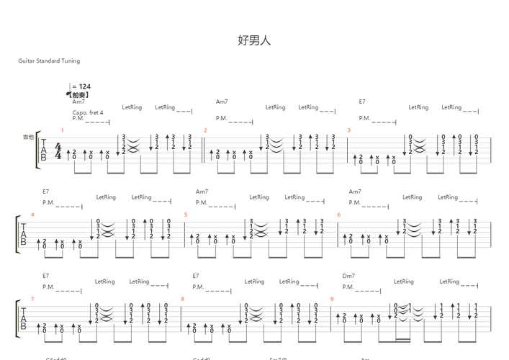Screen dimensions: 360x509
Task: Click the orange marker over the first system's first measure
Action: [x=63, y=130]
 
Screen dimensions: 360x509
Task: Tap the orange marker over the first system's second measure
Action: [x=205, y=130]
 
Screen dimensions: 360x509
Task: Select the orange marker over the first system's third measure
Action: [x=349, y=130]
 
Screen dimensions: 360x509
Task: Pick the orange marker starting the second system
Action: [x=33, y=214]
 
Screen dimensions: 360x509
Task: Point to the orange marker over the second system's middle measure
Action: [x=185, y=214]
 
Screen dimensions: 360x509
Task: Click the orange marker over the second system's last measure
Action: [x=338, y=214]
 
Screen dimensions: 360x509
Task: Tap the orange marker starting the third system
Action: [x=33, y=297]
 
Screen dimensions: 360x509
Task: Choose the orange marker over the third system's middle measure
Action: [x=182, y=297]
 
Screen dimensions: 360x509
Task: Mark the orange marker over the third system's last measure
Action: [x=332, y=297]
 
